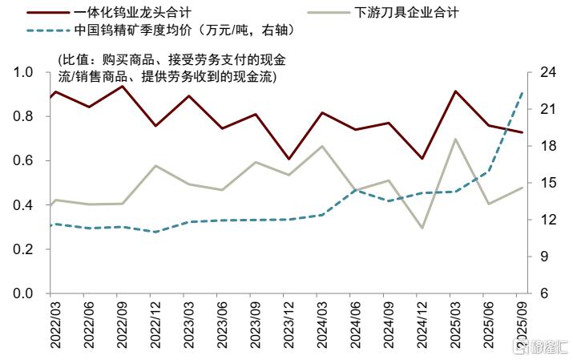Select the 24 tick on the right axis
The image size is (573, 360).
point(548,72)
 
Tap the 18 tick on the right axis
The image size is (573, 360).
point(548,146)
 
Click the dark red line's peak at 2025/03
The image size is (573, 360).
point(455,91)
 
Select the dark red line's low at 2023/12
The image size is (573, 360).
point(289,159)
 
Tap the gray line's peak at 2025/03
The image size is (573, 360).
point(455,139)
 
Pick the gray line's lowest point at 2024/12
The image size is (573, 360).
point(422,229)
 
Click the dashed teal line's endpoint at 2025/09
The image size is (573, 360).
point(523,93)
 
